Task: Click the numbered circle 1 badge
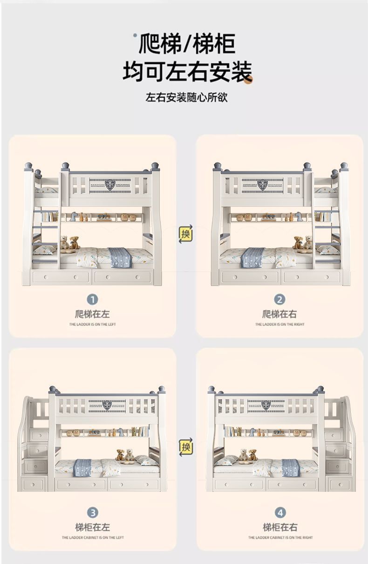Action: click(x=93, y=299)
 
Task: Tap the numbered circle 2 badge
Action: click(x=279, y=299)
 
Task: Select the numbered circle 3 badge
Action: click(x=93, y=513)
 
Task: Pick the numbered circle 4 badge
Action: click(x=279, y=513)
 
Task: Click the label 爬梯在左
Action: click(x=93, y=314)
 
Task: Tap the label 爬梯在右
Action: click(x=279, y=314)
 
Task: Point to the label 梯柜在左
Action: click(x=93, y=527)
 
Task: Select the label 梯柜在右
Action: click(x=279, y=527)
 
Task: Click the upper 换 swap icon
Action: click(x=185, y=234)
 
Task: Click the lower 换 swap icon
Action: click(x=185, y=447)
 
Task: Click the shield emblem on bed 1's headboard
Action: click(x=110, y=185)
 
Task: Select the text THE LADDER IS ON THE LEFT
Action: click(x=93, y=324)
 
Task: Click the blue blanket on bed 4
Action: click(x=290, y=467)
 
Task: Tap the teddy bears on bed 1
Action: click(x=69, y=243)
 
